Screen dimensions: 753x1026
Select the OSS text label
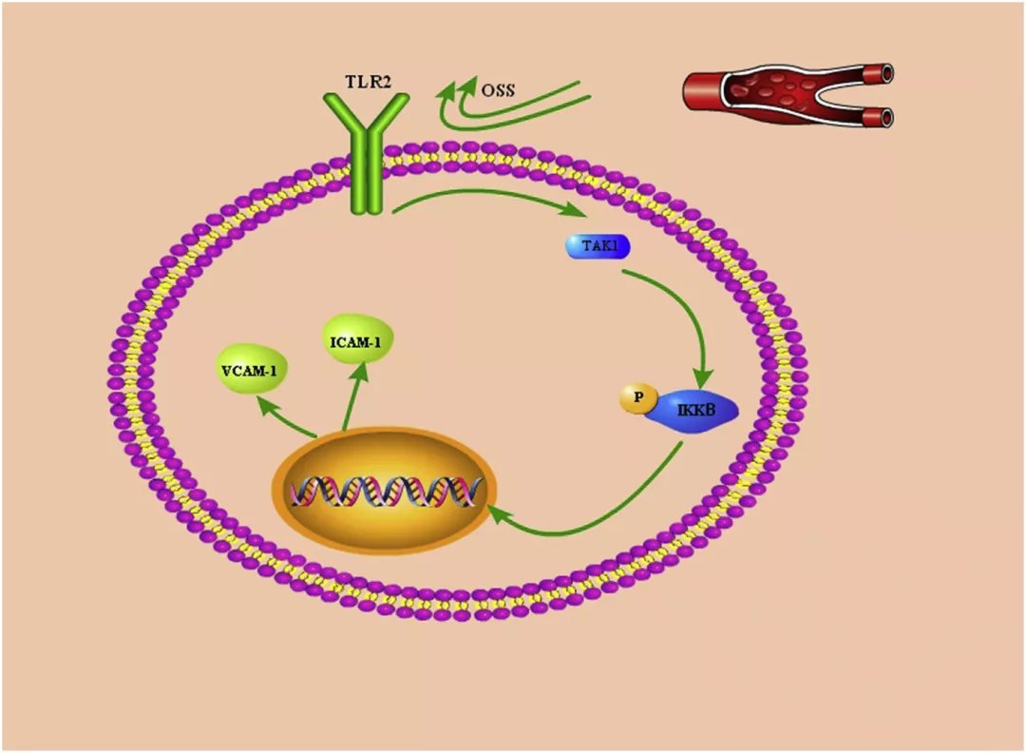498,90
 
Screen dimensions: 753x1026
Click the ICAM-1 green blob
358,339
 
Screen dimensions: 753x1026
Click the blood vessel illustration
787,95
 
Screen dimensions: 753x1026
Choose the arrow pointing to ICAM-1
351,399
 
